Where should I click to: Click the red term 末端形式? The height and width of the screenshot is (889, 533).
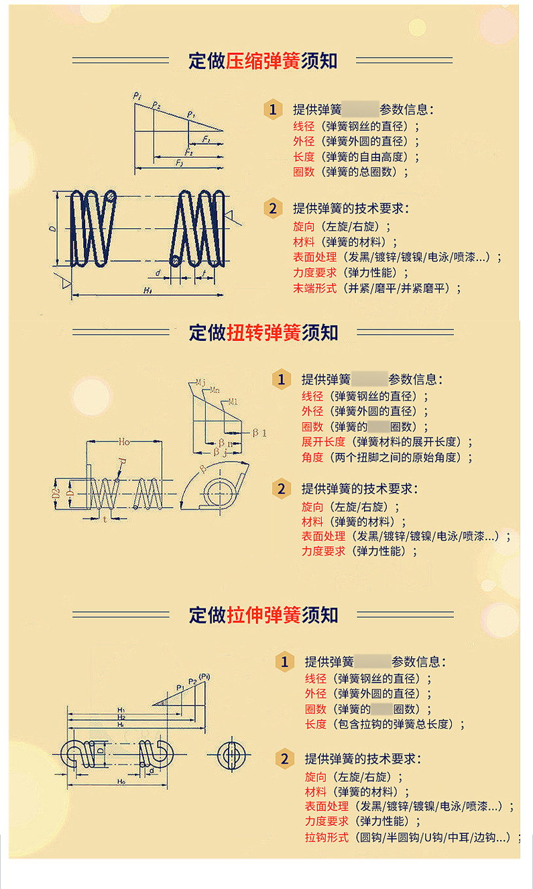[314, 289]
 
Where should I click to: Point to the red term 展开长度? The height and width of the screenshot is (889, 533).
[323, 441]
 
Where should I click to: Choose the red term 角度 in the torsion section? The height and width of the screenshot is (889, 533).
[312, 457]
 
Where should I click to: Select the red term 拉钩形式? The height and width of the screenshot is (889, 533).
[327, 837]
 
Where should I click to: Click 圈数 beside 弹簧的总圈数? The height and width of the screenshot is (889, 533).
[304, 172]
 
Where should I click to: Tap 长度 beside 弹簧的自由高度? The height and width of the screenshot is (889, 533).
[304, 156]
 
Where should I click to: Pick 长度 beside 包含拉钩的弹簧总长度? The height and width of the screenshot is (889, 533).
[315, 724]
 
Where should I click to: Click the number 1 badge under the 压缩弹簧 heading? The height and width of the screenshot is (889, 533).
[272, 109]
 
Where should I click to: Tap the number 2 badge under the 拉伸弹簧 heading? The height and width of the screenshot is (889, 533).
[284, 759]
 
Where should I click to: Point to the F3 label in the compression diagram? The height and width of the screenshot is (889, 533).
[180, 164]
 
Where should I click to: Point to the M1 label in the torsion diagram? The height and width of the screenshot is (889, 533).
[233, 402]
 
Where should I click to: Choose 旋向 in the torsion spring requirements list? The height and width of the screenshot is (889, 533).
[312, 506]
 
